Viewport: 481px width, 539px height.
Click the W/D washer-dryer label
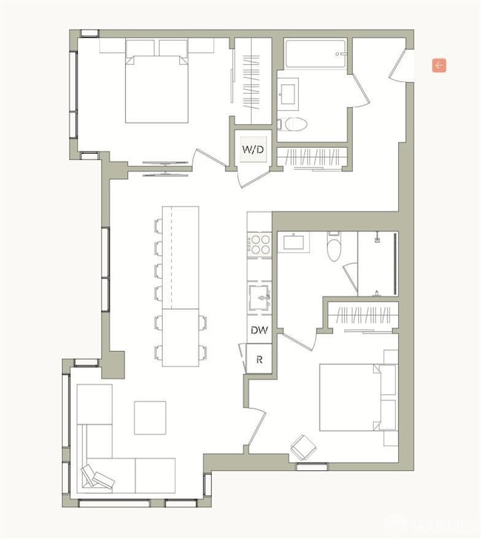(252, 149)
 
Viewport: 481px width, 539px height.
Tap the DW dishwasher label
(258, 331)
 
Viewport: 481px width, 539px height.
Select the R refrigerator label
(258, 360)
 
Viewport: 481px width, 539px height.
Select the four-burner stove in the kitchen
(259, 244)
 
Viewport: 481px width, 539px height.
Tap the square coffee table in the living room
(150, 417)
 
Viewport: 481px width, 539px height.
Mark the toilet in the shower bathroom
(335, 248)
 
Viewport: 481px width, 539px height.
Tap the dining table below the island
(181, 338)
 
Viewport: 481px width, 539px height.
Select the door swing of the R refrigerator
(242, 359)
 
